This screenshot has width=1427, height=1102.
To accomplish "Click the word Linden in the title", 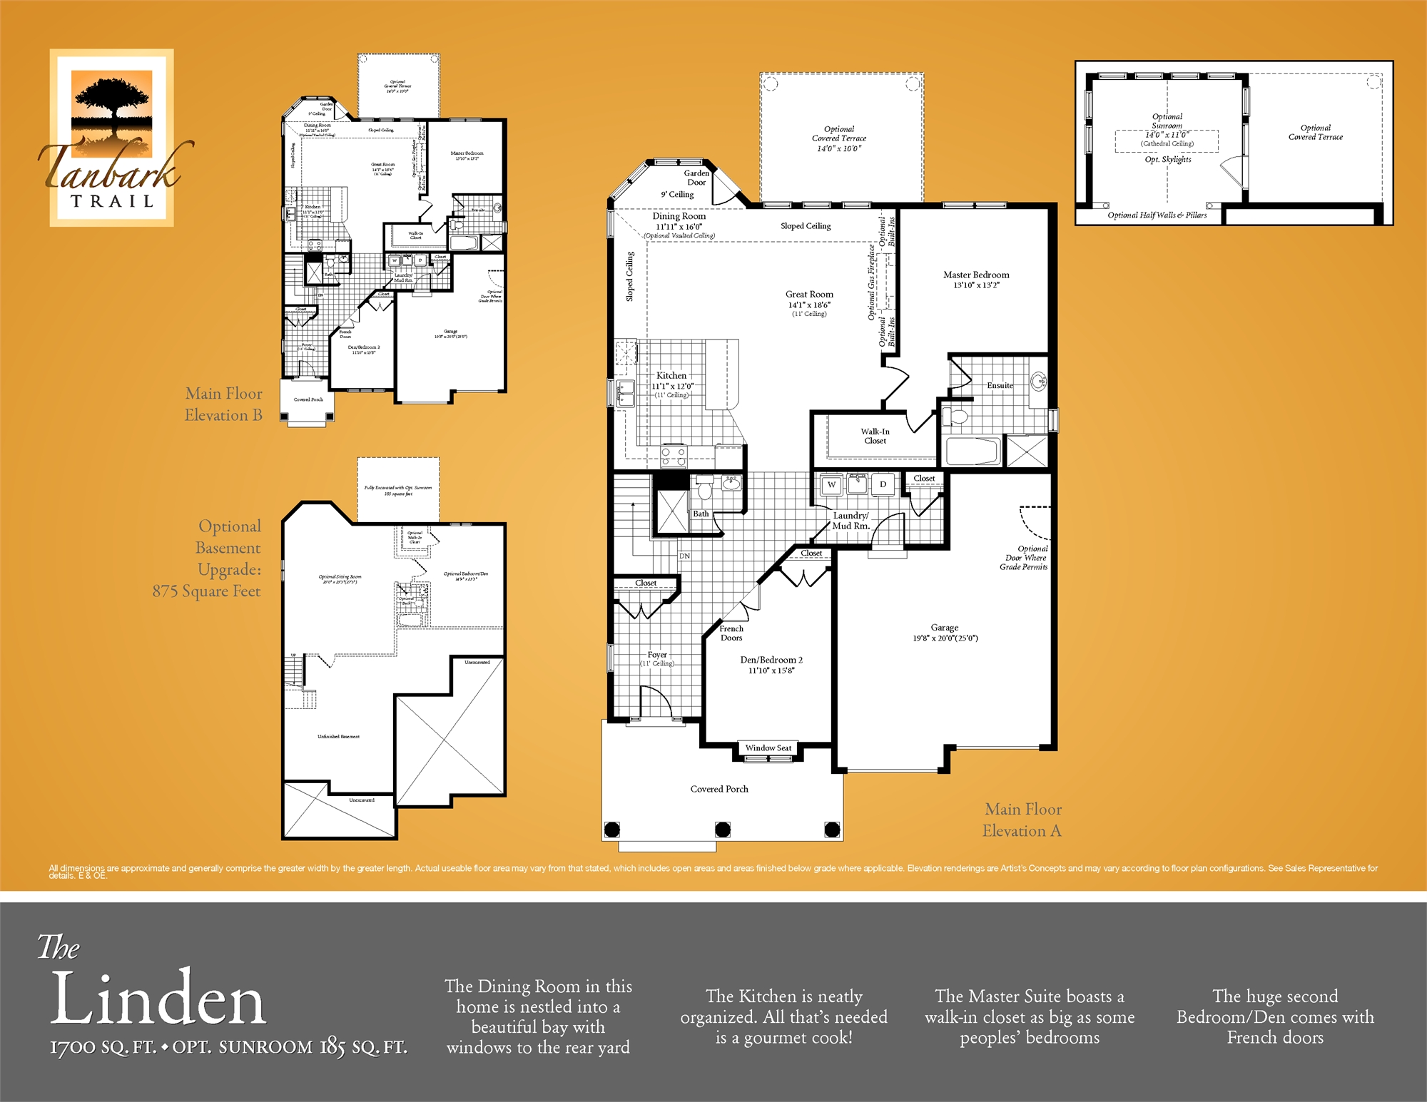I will [158, 999].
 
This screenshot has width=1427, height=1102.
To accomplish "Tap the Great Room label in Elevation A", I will [809, 295].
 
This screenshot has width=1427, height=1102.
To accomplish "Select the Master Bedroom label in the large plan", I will [976, 275].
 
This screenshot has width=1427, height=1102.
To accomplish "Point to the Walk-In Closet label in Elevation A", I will [875, 436].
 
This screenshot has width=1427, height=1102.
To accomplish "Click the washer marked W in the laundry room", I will [831, 484].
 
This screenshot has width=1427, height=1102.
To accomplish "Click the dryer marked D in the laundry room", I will [883, 484].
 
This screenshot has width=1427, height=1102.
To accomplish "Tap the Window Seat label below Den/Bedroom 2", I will [768, 748].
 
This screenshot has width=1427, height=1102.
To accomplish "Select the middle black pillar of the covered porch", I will [723, 829].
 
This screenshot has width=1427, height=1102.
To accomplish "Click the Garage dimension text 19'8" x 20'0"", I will [945, 638].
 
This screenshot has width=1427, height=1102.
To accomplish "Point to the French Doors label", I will [731, 633].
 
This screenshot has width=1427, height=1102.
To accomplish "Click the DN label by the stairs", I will [684, 556].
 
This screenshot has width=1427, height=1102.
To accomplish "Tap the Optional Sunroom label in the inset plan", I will [1167, 121].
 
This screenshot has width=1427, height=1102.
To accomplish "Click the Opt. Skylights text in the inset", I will [1168, 160].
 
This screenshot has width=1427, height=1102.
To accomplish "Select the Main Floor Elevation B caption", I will [223, 404].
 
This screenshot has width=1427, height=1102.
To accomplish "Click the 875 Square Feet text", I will [206, 591].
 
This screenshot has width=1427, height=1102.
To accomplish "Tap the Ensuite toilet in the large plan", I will [958, 416].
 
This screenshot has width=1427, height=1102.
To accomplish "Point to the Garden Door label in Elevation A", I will [696, 178].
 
